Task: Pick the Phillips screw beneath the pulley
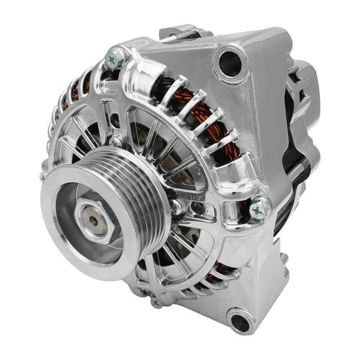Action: pyautogui.click(x=157, y=302)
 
